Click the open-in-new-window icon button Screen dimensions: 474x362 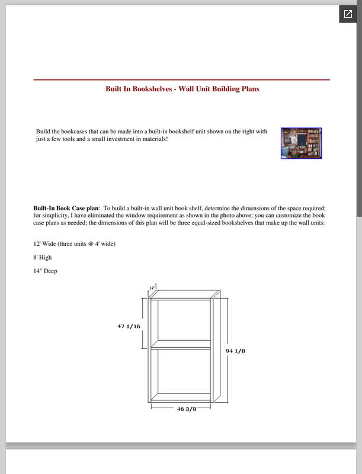click(x=348, y=14)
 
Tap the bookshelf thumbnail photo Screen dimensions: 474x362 click(x=301, y=143)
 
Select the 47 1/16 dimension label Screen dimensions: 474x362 click(x=129, y=326)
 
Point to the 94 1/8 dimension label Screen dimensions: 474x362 click(x=235, y=351)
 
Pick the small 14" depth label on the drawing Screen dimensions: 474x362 click(x=152, y=287)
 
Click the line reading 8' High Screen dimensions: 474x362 click(x=43, y=258)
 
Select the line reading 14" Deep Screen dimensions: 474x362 click(x=46, y=271)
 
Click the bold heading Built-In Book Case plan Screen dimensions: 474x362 click(x=66, y=209)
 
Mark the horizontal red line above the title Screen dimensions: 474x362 click(x=181, y=79)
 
